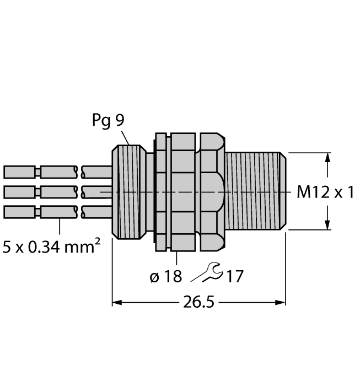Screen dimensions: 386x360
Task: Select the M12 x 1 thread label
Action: point(325,192)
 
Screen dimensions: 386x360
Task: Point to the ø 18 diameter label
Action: point(165,276)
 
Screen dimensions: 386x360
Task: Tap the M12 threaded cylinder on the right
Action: point(256,191)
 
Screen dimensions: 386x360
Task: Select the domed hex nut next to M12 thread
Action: point(212,191)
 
